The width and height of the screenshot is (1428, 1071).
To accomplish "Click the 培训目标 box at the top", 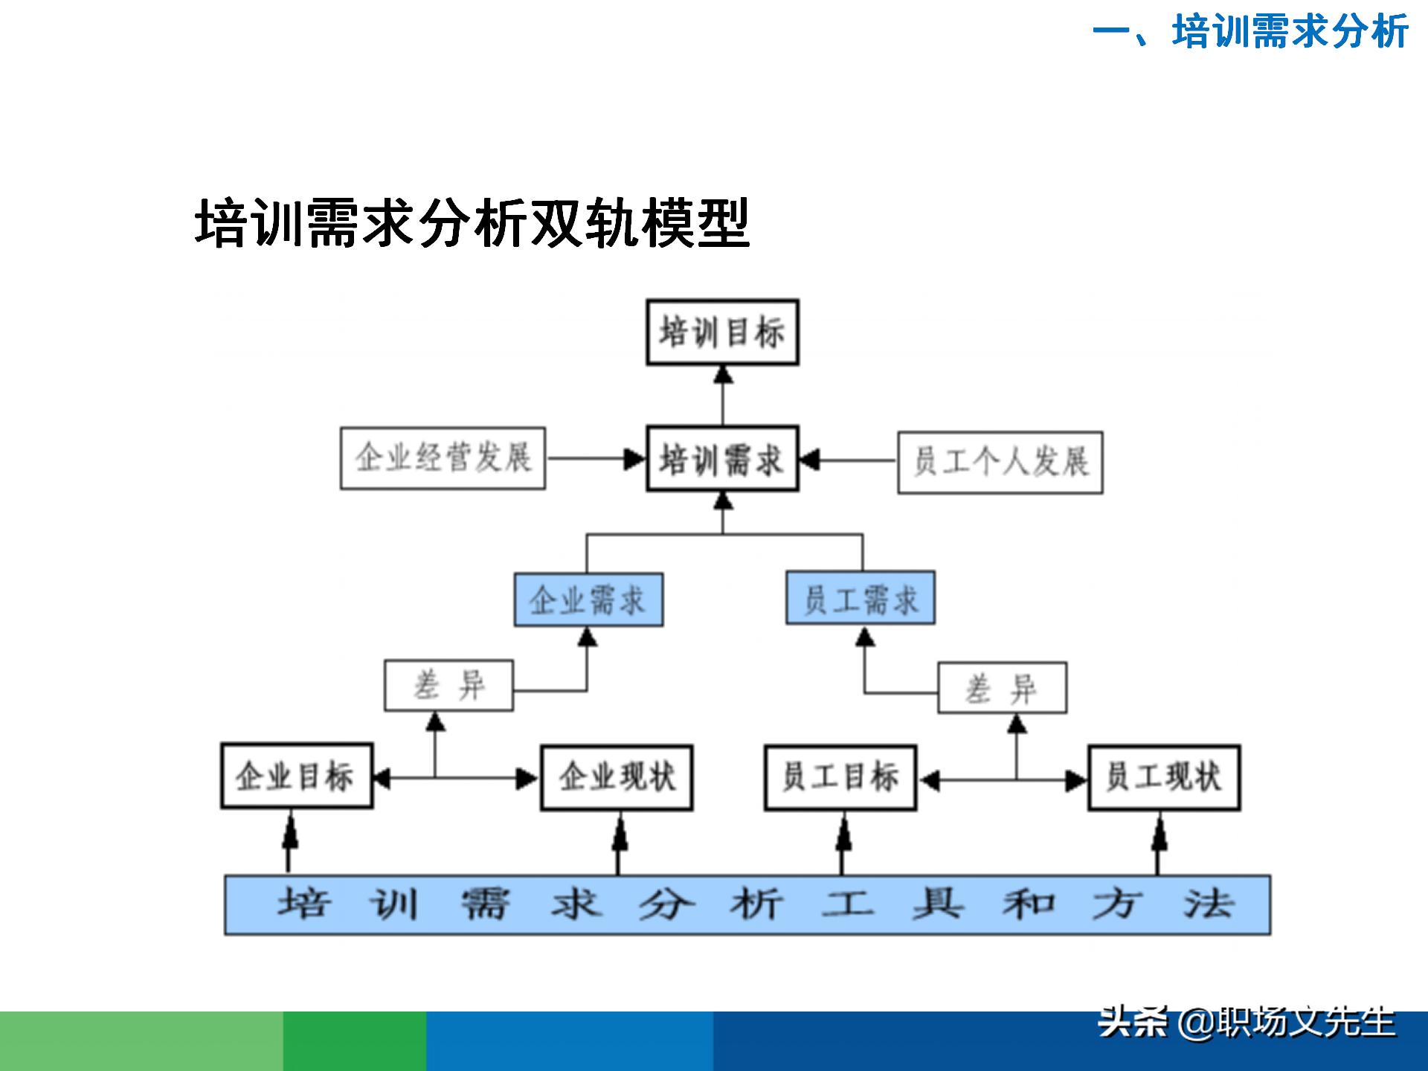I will tap(722, 332).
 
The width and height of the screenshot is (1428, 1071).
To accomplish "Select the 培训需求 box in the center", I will tap(722, 459).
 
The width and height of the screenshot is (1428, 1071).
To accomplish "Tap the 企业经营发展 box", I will tap(443, 458).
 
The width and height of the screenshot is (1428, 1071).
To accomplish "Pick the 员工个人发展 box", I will tap(1000, 462).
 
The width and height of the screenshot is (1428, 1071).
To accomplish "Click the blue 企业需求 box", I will tap(588, 599).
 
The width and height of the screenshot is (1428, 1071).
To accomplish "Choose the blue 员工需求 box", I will tap(861, 598).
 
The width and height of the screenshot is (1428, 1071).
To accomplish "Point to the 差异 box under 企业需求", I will tap(448, 685).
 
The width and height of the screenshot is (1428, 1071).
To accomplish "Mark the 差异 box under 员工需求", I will tap(1002, 688).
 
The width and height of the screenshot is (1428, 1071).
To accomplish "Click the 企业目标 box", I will tap(297, 776).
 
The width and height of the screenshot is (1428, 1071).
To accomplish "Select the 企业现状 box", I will tap(617, 777).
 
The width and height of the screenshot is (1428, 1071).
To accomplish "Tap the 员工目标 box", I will tap(840, 777).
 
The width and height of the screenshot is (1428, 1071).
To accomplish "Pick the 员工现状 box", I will tap(1164, 777).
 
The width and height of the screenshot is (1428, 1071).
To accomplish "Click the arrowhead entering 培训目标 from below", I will tap(723, 374).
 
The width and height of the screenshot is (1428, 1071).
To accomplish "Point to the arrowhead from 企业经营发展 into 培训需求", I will tap(634, 459).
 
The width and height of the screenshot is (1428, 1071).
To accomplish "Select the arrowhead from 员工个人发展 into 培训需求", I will tap(809, 460).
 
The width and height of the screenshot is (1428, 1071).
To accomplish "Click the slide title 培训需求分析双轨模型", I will tap(472, 223).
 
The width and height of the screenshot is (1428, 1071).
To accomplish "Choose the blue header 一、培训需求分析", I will tap(1249, 32).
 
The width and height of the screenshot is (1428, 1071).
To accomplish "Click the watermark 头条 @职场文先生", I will tap(1247, 1023).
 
